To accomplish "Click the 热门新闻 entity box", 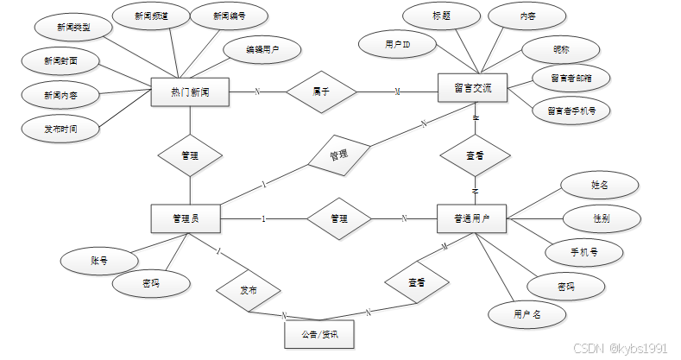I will [189, 92].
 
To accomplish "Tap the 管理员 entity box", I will [186, 218].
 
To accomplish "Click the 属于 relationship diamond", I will [321, 91].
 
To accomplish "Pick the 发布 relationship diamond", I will [248, 290].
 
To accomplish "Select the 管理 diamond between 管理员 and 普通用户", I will [338, 218].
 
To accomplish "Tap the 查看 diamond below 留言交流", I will [474, 155].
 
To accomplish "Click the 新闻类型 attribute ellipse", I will [73, 28].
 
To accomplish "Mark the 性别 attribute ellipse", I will [601, 218].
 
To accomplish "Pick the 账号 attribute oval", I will [98, 260].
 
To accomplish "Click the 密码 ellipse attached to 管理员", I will [151, 282].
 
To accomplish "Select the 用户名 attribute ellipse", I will [527, 314].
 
